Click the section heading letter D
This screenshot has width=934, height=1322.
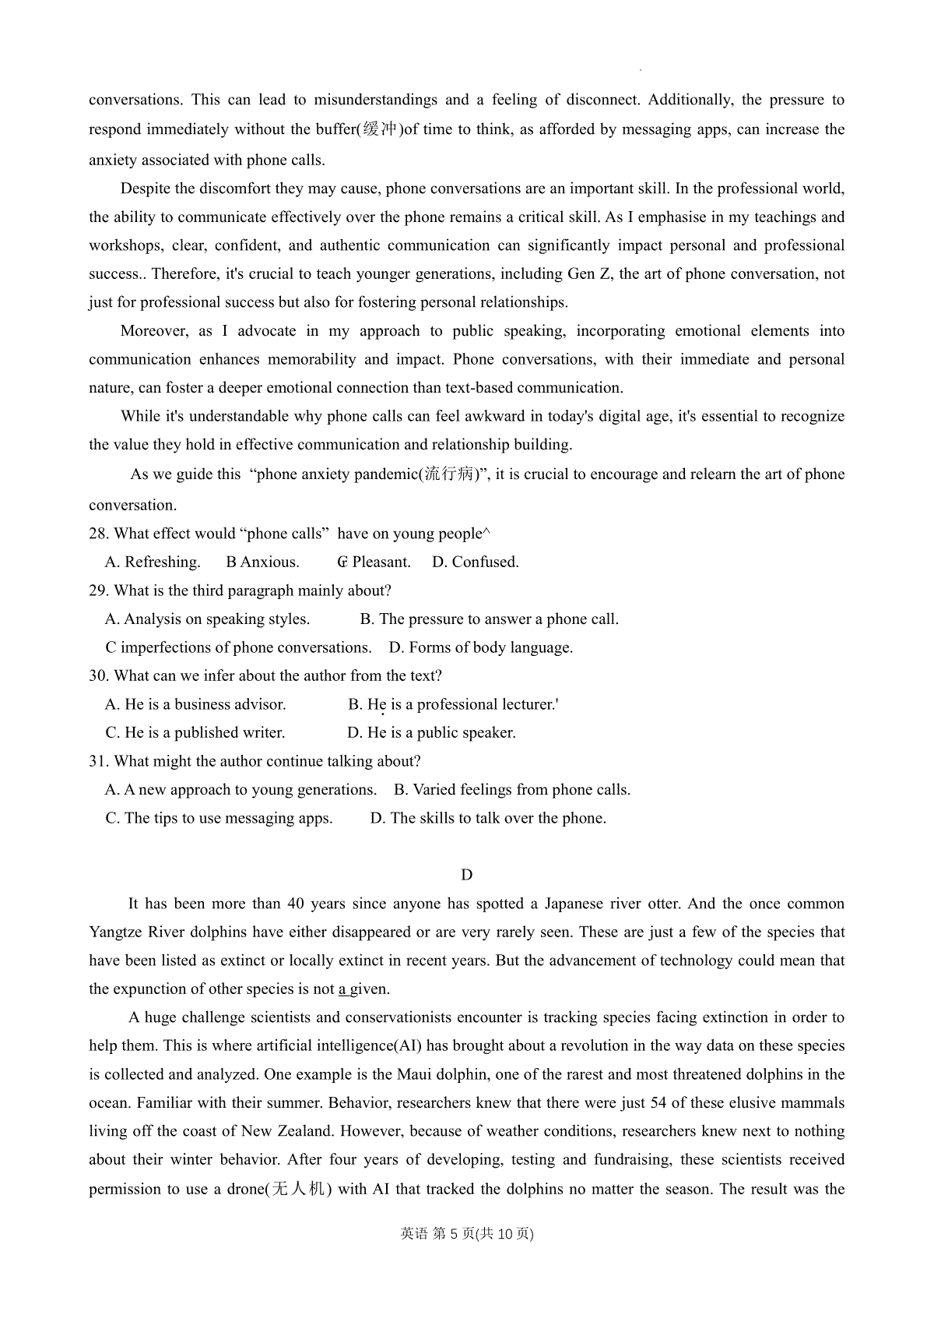click(467, 875)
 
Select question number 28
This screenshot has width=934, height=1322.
click(99, 534)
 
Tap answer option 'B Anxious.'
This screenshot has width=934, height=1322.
click(262, 562)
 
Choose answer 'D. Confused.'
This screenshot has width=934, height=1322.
click(475, 562)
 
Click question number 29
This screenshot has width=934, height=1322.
click(99, 590)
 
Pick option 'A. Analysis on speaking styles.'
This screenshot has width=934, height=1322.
click(207, 619)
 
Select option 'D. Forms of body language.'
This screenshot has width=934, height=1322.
click(480, 647)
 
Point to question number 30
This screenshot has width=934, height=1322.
click(99, 676)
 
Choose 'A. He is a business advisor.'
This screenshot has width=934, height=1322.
click(195, 704)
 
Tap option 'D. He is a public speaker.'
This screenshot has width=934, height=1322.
click(431, 733)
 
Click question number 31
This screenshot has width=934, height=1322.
click(99, 761)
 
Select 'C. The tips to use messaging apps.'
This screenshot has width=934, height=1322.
click(219, 818)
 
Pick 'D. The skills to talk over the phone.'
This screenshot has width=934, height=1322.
click(488, 818)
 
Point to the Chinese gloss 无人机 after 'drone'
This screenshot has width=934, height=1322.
click(300, 1190)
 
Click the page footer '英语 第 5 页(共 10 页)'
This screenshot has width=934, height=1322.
click(467, 1234)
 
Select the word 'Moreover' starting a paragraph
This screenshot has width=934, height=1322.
click(154, 331)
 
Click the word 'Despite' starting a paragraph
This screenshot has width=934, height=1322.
click(146, 189)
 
